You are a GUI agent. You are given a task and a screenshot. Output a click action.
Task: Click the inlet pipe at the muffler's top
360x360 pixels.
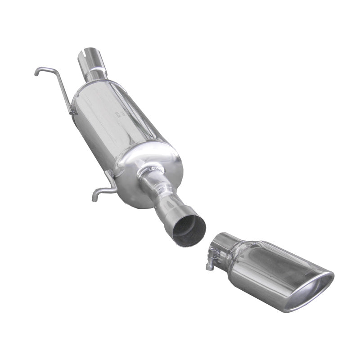coord(92,63)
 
